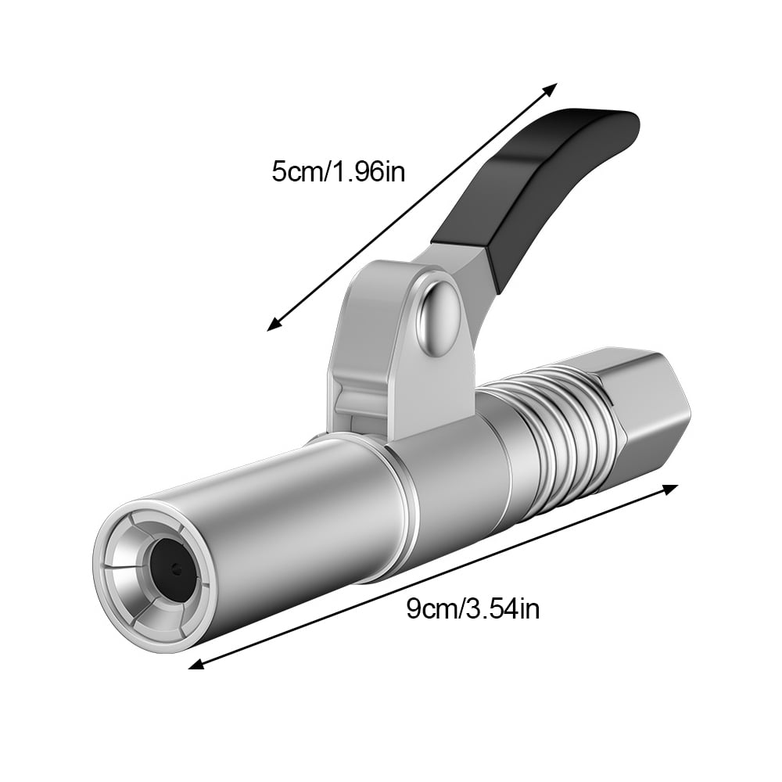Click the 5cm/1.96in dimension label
pyautogui.click(x=338, y=170)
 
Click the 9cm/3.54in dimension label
pyautogui.click(x=472, y=608)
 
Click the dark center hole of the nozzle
pyautogui.click(x=172, y=570)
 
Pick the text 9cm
pyautogui.click(x=426, y=608)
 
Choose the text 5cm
pyautogui.click(x=292, y=170)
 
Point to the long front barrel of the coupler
pyautogui.click(x=297, y=532)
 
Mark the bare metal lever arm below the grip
pyautogui.click(x=457, y=258)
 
